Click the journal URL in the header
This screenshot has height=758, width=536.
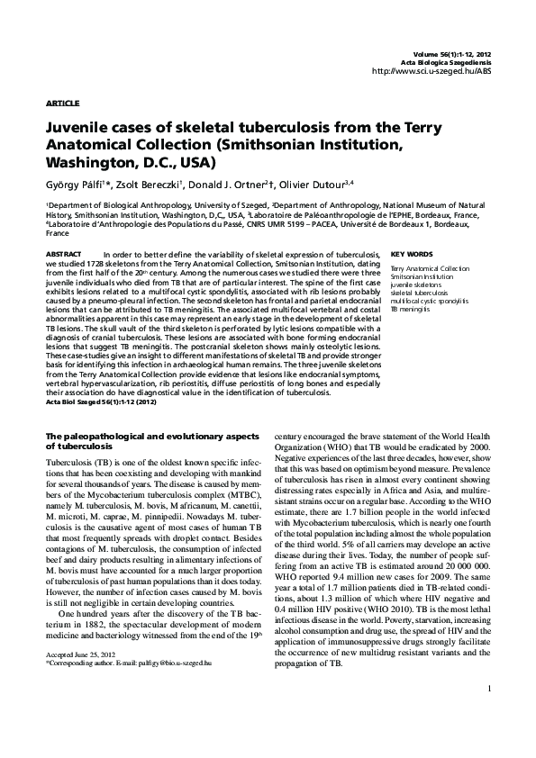click(431, 71)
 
